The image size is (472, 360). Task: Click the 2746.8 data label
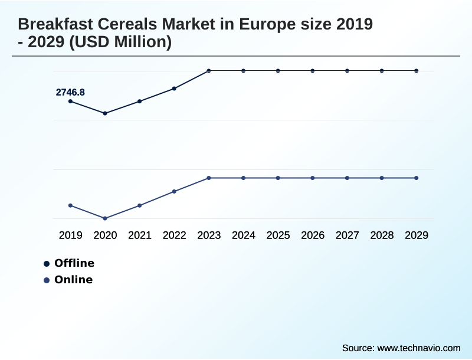click(70, 92)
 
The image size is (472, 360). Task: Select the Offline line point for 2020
click(105, 113)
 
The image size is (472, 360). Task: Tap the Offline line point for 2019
click(70, 102)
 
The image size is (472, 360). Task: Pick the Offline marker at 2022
click(174, 89)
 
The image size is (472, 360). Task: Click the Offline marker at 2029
click(417, 71)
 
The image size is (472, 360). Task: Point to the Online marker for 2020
click(105, 218)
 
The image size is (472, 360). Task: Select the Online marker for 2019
click(70, 205)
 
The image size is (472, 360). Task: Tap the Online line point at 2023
click(209, 178)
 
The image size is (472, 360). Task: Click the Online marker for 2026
click(313, 178)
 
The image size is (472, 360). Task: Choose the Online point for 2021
click(140, 205)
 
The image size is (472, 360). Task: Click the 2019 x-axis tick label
click(70, 235)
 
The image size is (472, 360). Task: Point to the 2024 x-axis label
click(244, 235)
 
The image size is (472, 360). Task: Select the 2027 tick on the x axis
click(348, 235)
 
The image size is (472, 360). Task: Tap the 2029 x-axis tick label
click(417, 235)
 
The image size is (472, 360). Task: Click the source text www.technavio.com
click(418, 348)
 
